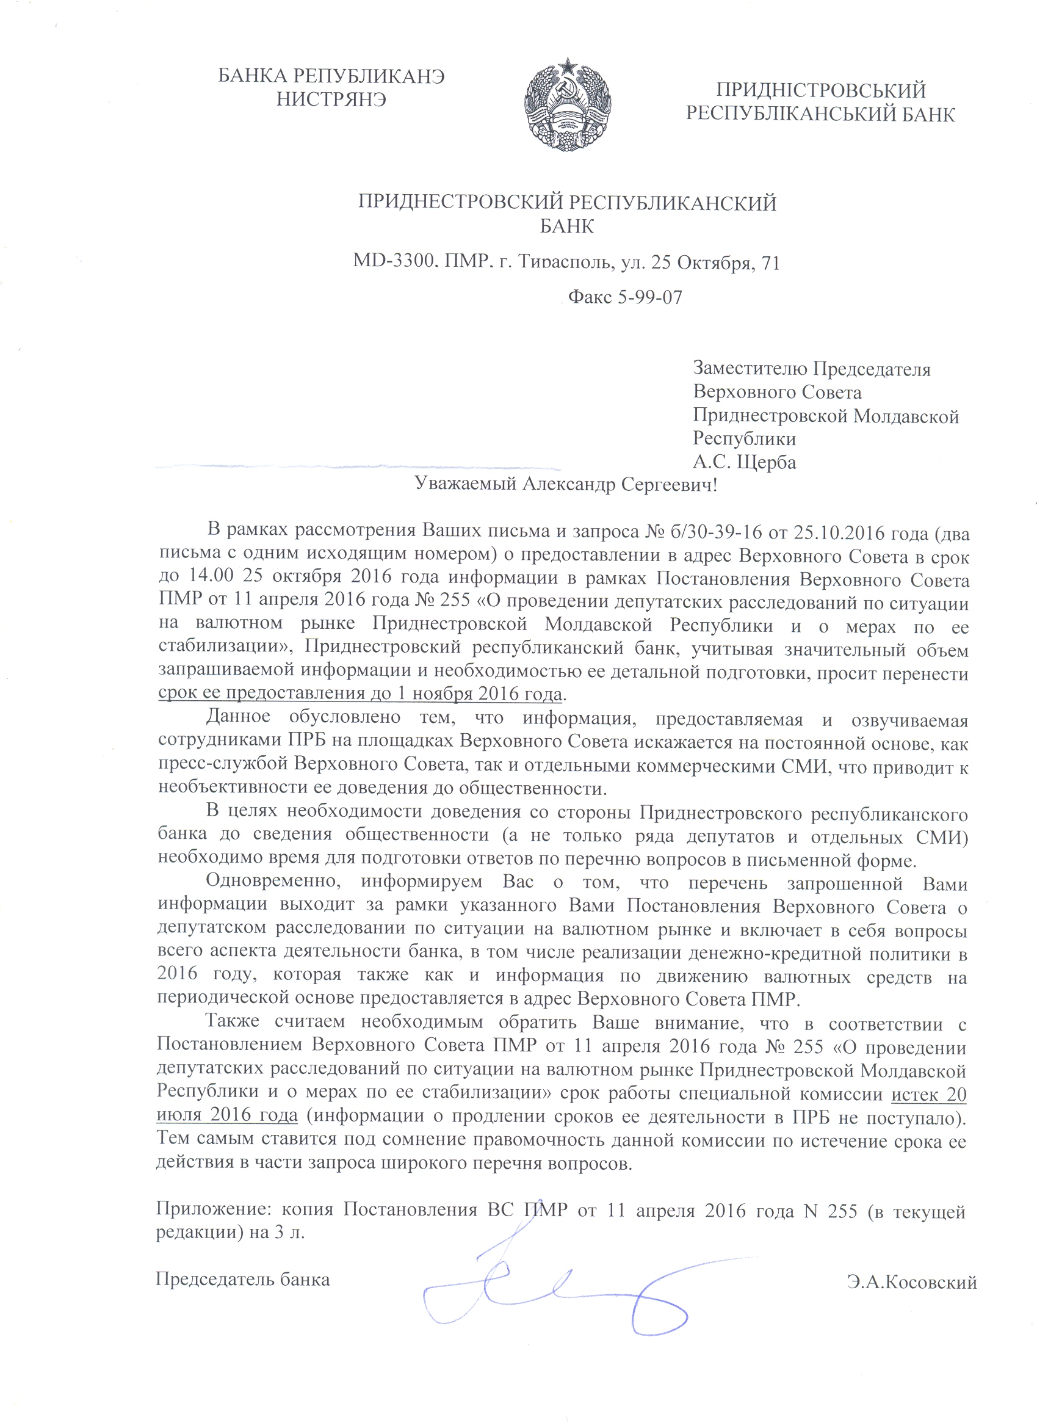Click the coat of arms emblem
click(568, 104)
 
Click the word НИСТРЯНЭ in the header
click(331, 100)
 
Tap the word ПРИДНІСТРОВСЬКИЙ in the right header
click(820, 91)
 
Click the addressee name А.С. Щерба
click(744, 462)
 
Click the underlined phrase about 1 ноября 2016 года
click(360, 694)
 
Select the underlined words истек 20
click(929, 1094)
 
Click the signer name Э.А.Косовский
click(912, 1281)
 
